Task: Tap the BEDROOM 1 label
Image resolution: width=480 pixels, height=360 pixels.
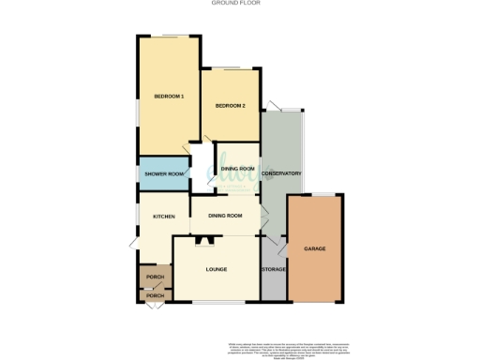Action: pyautogui.click(x=169, y=97)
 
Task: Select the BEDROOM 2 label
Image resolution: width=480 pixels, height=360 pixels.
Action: pyautogui.click(x=230, y=106)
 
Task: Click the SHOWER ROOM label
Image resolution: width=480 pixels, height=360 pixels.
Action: pyautogui.click(x=163, y=174)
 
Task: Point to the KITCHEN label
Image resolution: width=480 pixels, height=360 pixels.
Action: pyautogui.click(x=164, y=217)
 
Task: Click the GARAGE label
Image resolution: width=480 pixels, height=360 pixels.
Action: pyautogui.click(x=314, y=248)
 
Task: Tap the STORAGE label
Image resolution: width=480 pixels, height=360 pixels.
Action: pyautogui.click(x=274, y=270)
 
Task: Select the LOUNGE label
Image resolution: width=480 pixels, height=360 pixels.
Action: pyautogui.click(x=217, y=270)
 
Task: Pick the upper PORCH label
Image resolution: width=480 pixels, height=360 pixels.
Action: pyautogui.click(x=155, y=277)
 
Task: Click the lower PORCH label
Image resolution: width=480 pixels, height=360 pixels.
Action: pyautogui.click(x=155, y=296)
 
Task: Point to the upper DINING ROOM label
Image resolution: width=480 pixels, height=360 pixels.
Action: pyautogui.click(x=238, y=169)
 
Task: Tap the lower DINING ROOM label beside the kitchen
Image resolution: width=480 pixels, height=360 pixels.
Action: pyautogui.click(x=226, y=217)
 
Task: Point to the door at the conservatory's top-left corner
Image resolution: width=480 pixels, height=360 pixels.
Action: pyautogui.click(x=272, y=105)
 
